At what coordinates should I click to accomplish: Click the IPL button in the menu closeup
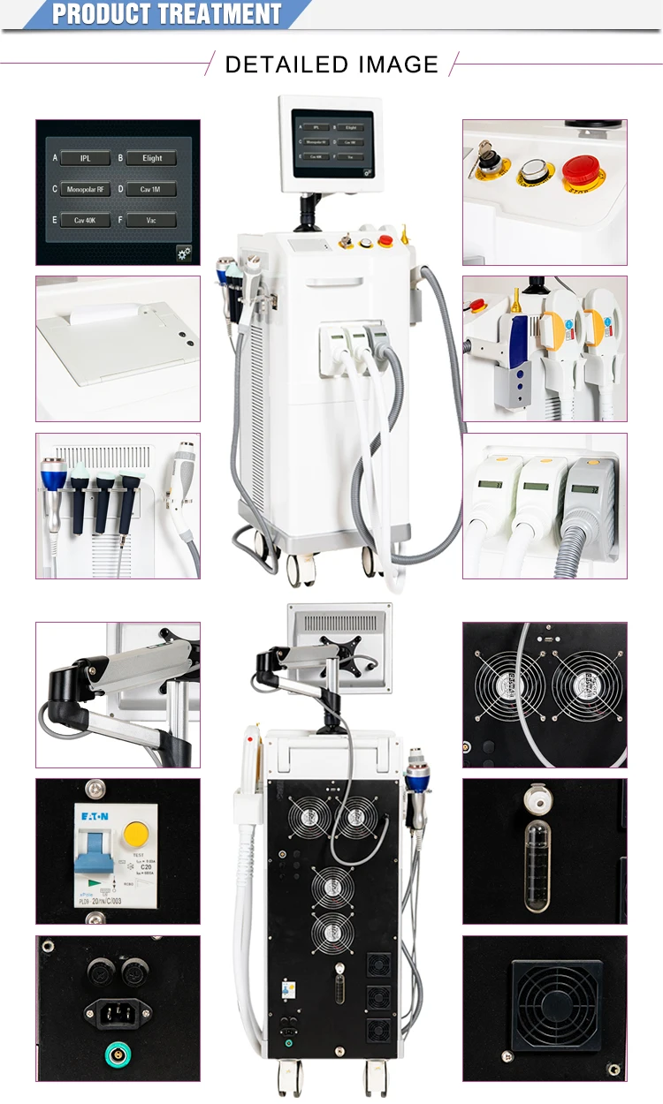coord(85,158)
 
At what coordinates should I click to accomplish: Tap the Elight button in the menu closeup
coord(152,158)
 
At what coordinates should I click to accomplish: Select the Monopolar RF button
coord(85,189)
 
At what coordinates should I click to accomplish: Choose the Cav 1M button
coord(152,189)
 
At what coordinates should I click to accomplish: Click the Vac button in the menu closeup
coord(152,221)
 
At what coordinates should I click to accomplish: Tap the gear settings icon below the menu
coord(184,253)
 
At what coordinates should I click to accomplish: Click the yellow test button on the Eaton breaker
coord(135,832)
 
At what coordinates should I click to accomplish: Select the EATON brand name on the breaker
coord(91,817)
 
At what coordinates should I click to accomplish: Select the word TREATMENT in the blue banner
coord(220,14)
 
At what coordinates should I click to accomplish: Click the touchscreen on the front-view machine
coord(332,141)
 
